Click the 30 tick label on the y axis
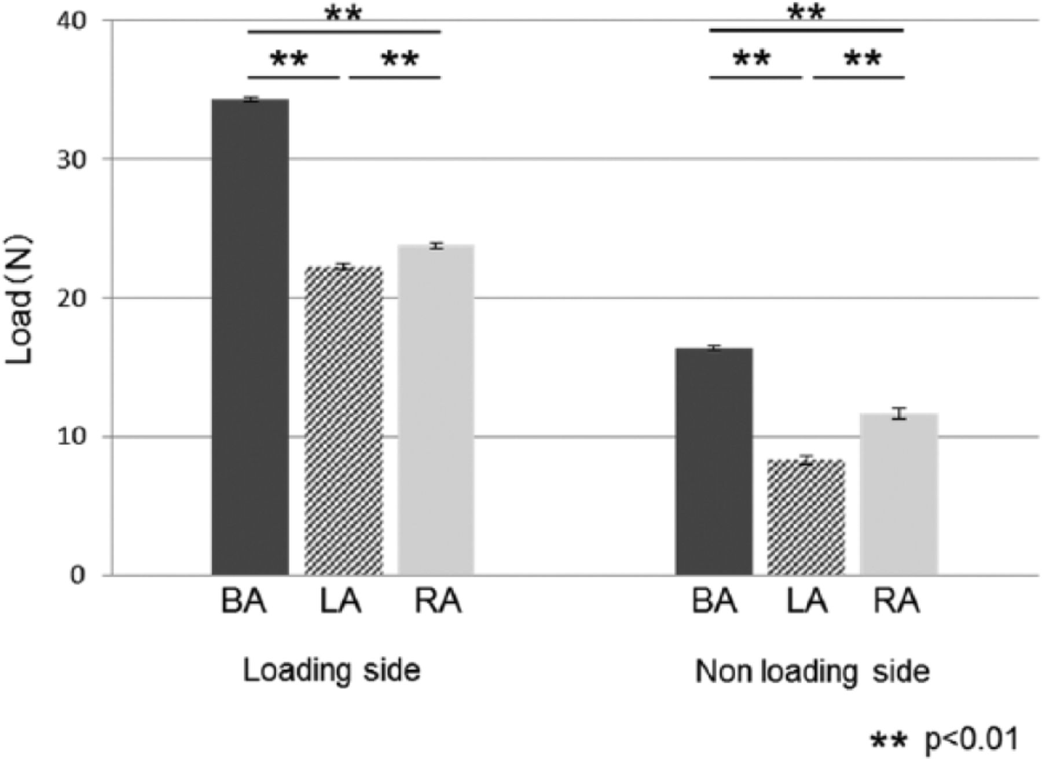tap(71, 160)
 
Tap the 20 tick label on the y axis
tap(71, 299)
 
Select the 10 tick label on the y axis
tap(71, 437)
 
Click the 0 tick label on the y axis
tap(78, 575)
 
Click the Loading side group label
tap(331, 671)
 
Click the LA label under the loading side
tap(340, 602)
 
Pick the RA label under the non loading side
tap(896, 602)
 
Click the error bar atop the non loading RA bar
tap(899, 413)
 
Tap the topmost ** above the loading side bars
tap(343, 13)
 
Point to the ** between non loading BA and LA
tap(752, 58)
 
